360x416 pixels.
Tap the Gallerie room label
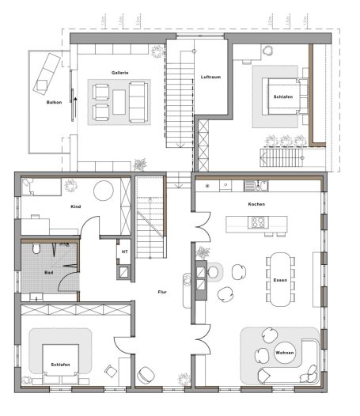[120, 73]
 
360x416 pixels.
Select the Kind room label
[76, 206]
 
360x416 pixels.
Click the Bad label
[49, 272]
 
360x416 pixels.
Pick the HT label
[124, 251]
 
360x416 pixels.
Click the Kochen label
[256, 205]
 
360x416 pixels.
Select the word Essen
[280, 281]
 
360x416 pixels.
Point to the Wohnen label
[283, 352]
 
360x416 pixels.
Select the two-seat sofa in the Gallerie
[138, 100]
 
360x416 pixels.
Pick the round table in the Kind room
[104, 191]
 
